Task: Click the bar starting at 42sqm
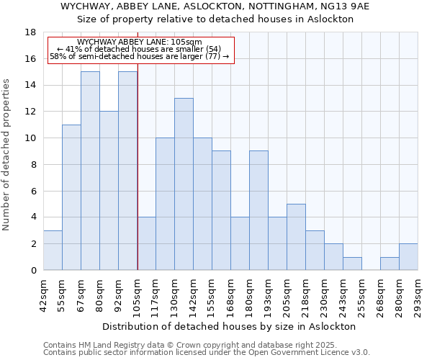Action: [x=53, y=251]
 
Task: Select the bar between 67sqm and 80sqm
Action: [x=90, y=171]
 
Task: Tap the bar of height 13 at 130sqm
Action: [x=184, y=184]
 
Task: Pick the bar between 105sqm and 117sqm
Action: [x=146, y=243]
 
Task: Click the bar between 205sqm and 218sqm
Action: [x=296, y=237]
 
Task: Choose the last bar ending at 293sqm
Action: [x=408, y=257]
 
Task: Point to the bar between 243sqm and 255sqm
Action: [x=352, y=264]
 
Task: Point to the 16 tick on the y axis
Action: [x=30, y=59]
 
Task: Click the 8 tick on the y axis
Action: [x=33, y=165]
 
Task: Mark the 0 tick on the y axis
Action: [x=33, y=271]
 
